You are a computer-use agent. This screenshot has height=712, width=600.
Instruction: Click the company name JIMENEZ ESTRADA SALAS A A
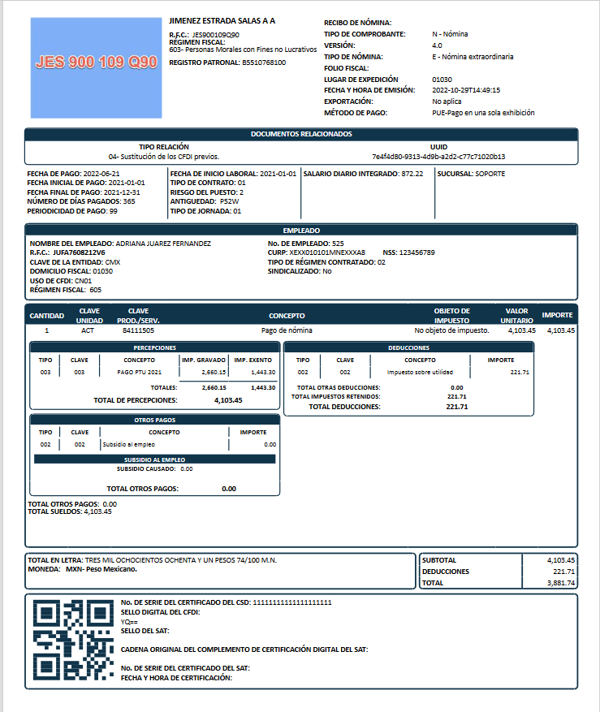coord(222,19)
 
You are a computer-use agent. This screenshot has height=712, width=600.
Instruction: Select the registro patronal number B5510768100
coord(264,63)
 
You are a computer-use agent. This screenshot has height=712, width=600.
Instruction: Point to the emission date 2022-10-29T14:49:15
coord(466,90)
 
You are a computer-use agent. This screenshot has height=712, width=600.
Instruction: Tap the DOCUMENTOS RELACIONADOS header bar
coord(300,133)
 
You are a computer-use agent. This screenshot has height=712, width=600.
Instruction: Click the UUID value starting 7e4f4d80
coord(438,156)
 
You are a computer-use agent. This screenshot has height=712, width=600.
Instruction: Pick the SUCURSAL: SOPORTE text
coord(471,174)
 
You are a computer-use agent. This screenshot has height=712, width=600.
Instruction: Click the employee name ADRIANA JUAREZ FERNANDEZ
coord(163,243)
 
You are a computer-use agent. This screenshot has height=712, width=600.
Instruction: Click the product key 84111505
coord(138,330)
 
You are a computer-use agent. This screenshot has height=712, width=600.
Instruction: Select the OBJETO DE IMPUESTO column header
coord(451,315)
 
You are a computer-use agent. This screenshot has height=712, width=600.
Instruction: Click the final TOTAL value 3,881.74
coord(560,583)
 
